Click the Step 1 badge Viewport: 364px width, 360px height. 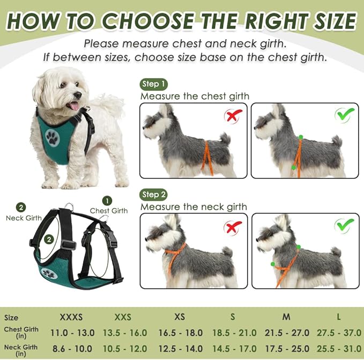(154, 84)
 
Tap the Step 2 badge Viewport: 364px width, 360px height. (154, 194)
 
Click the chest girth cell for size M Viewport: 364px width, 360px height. (286, 333)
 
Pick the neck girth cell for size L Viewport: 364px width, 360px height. (339, 348)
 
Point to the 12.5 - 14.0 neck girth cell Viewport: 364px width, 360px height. (180, 348)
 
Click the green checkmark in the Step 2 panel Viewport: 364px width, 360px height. (344, 226)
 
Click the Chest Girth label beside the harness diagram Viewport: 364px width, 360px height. (109, 211)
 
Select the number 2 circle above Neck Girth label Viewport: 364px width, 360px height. (21, 208)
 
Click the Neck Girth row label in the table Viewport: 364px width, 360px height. (20, 350)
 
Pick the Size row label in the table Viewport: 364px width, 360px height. (11, 318)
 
